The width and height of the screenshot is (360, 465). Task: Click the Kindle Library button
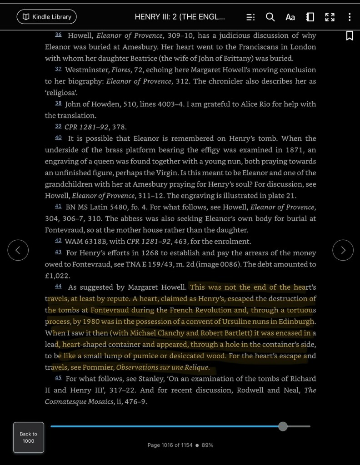[x=46, y=17]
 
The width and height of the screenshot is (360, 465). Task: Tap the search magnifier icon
[x=270, y=17]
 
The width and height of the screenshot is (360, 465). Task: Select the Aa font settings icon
[x=290, y=17]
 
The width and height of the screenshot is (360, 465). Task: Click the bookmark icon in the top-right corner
[x=350, y=35]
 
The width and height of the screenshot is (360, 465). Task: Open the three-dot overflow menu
[x=349, y=17]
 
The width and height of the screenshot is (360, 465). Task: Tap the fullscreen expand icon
[x=330, y=17]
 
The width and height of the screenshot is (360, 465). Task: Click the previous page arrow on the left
[x=18, y=250]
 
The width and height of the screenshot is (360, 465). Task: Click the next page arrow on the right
[x=343, y=250]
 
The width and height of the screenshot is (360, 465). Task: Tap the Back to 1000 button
[x=29, y=437]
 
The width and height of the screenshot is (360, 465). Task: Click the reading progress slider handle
[x=283, y=426]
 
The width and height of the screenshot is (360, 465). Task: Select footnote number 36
[x=58, y=35]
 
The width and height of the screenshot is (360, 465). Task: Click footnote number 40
[x=58, y=138]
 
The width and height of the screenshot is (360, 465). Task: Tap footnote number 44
[x=58, y=287]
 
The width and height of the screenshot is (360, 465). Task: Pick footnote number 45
[x=58, y=378]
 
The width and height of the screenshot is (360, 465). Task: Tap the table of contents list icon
[x=250, y=17]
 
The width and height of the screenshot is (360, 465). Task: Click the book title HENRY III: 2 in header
[x=180, y=17]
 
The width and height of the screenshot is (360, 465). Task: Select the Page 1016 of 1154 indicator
[x=170, y=445]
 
